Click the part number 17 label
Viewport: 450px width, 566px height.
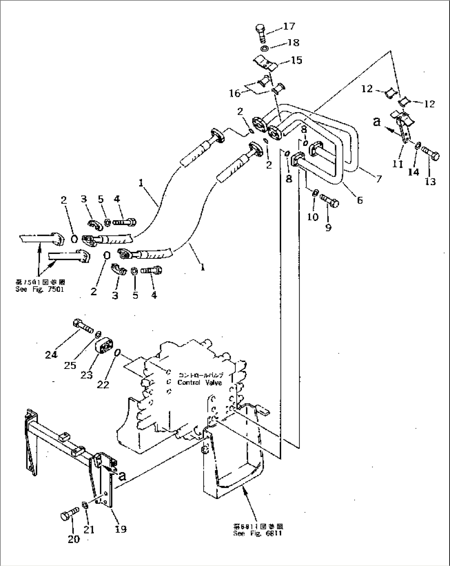pos(289,26)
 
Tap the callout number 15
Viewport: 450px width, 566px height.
pos(296,60)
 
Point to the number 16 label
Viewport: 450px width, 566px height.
pos(234,94)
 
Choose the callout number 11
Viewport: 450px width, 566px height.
pos(398,164)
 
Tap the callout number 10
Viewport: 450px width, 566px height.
pos(313,216)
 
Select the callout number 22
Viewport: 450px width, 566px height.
pos(103,384)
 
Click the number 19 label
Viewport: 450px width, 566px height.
pos(121,529)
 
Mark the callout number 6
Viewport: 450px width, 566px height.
pos(360,200)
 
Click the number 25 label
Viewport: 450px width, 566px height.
pos(70,365)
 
